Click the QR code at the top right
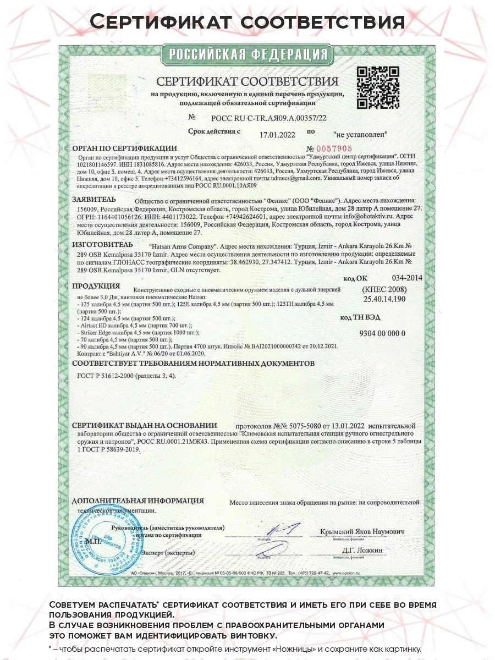[x=378, y=87]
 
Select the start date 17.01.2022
[x=277, y=134]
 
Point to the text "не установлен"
[x=360, y=134]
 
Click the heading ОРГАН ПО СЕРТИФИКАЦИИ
[x=124, y=148]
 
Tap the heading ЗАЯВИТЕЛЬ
[x=94, y=199]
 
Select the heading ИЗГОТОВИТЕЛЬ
[x=102, y=244]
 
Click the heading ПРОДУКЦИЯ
[x=96, y=285]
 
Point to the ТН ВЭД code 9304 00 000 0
[x=382, y=334]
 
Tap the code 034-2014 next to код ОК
[x=407, y=278]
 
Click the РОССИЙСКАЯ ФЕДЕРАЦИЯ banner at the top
[x=247, y=54]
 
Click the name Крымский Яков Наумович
[x=362, y=532]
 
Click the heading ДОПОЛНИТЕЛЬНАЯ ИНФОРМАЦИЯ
[x=137, y=501]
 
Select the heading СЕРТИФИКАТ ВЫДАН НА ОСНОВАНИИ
[x=145, y=425]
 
